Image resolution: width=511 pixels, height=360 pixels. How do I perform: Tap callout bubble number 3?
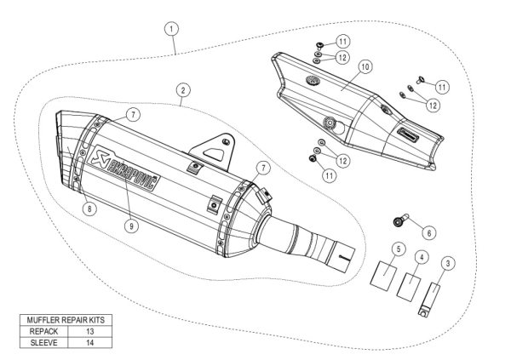(x=450, y=263)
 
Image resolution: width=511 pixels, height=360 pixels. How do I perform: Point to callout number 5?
(x=397, y=249)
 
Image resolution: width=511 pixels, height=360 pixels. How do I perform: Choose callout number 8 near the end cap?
(x=90, y=207)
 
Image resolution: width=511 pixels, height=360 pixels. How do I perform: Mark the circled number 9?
(x=129, y=226)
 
